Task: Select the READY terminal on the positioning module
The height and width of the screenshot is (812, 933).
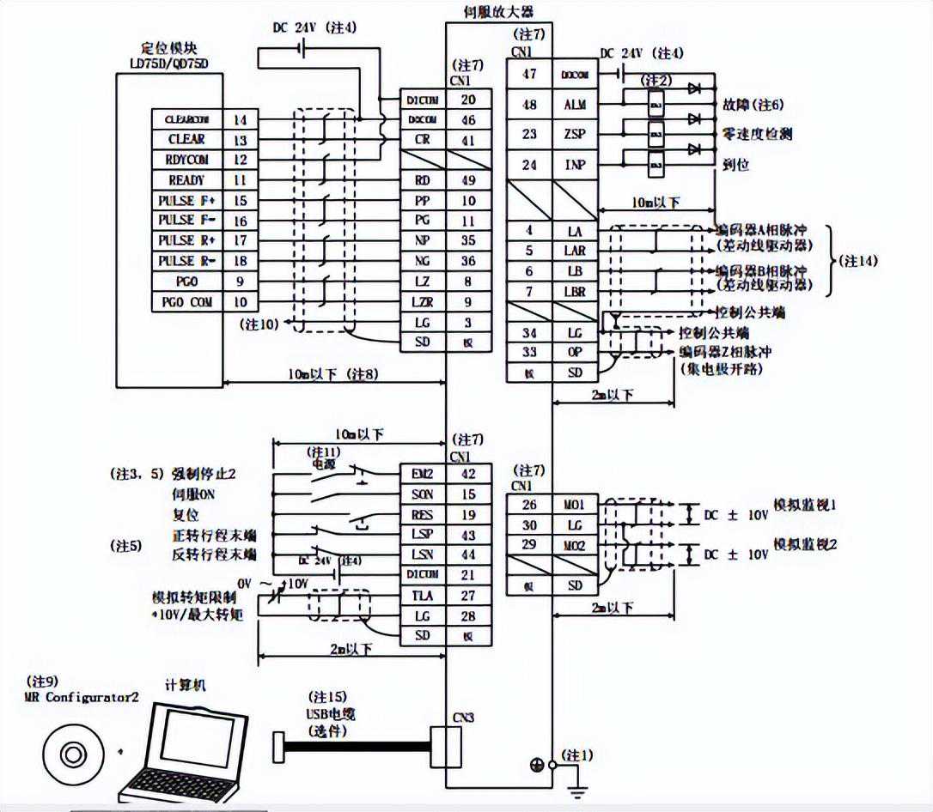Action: click(186, 180)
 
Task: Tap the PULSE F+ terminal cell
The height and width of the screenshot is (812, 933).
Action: click(186, 200)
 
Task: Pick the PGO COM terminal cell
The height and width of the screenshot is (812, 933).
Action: click(186, 301)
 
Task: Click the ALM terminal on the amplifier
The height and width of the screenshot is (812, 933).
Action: click(575, 105)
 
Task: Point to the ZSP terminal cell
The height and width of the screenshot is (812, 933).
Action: click(575, 135)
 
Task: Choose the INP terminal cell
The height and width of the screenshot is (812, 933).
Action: click(575, 164)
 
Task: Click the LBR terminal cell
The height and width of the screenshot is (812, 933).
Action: click(575, 292)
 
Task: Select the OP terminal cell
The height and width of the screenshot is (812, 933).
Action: click(575, 352)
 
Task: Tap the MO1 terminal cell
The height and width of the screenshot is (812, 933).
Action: click(575, 505)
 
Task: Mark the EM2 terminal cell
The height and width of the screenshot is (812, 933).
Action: click(423, 473)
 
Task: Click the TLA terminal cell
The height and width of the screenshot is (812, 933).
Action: click(423, 596)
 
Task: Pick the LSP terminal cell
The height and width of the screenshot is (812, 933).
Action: click(423, 535)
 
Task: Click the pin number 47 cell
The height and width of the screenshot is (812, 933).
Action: click(529, 75)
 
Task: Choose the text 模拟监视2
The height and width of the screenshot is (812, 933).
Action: click(805, 543)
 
